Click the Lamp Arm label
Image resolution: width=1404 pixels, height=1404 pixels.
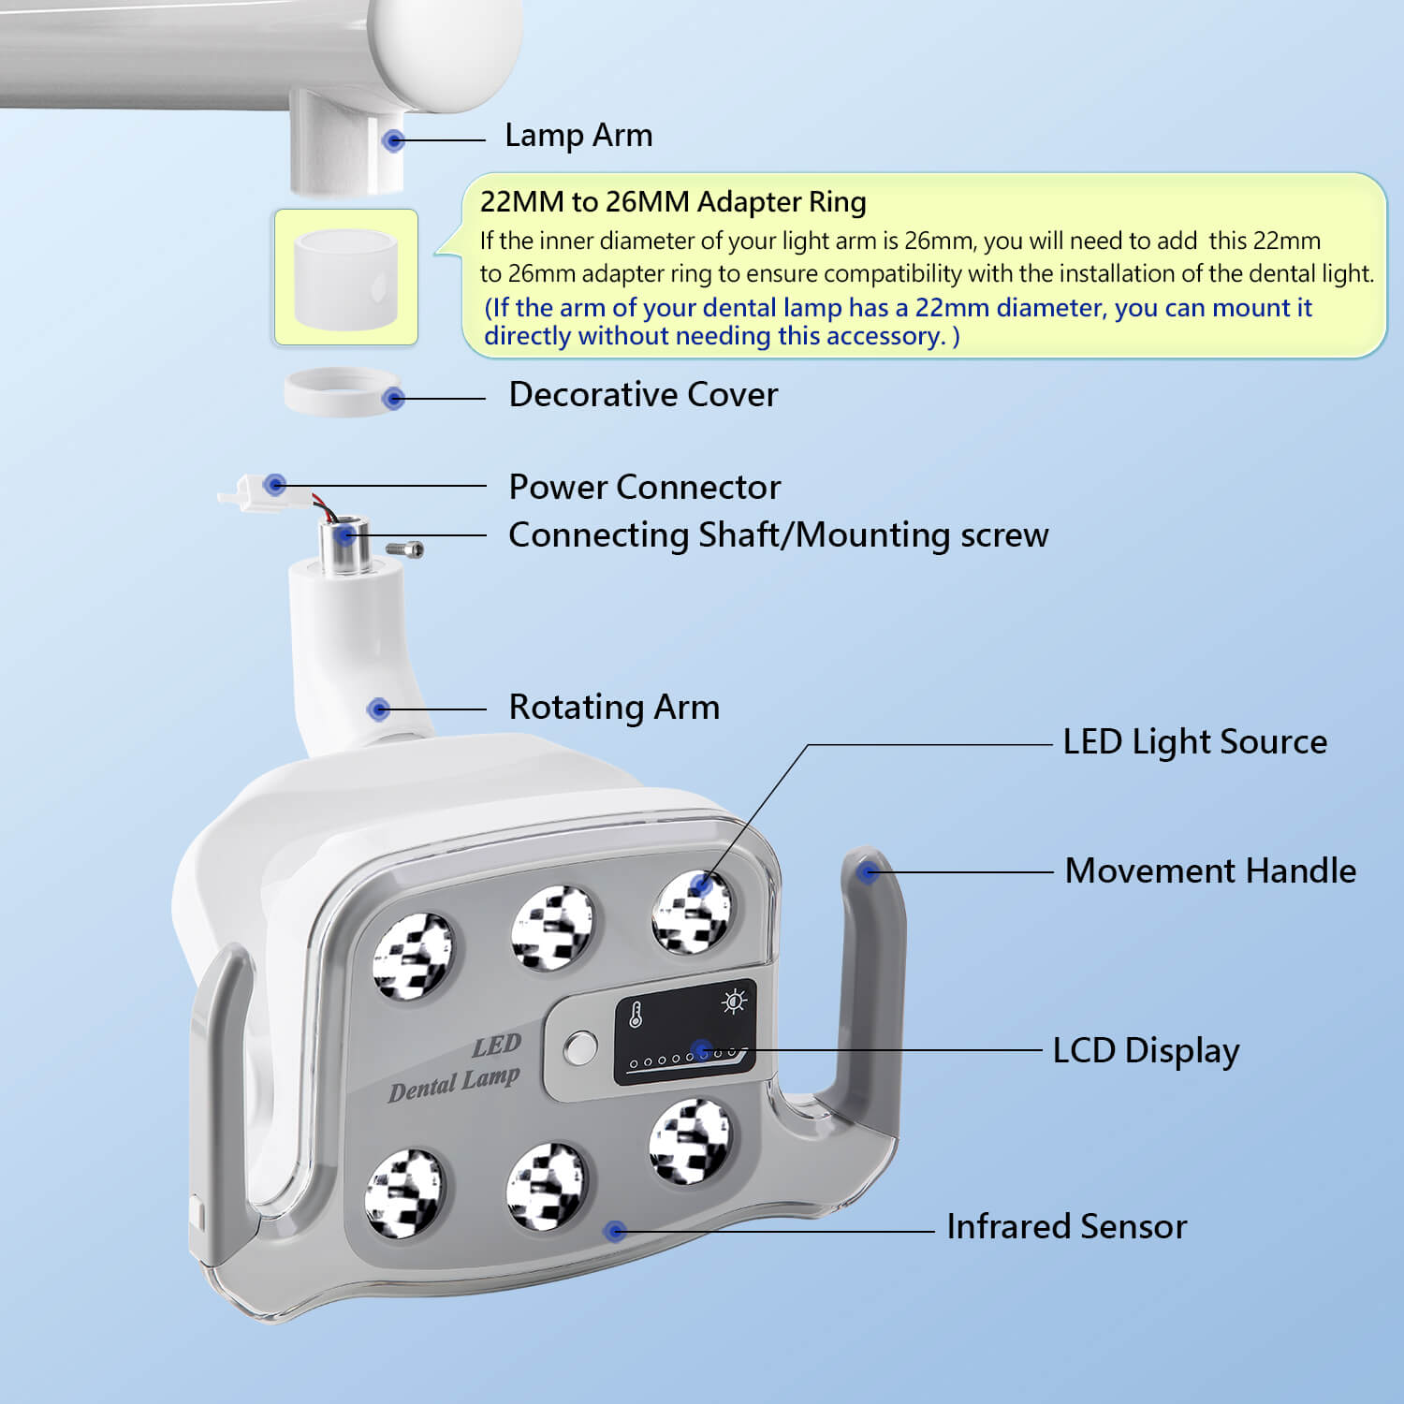click(x=578, y=136)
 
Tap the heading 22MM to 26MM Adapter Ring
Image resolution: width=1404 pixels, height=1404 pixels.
click(x=672, y=202)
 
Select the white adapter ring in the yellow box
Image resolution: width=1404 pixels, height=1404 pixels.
click(x=345, y=278)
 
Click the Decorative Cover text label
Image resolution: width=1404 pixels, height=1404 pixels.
click(x=642, y=395)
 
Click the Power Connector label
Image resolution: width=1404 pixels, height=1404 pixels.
click(x=644, y=488)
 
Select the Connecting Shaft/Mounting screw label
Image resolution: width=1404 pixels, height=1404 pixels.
click(x=778, y=535)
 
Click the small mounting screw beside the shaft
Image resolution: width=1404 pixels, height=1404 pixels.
click(x=406, y=548)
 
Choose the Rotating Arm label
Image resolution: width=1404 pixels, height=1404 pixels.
click(x=613, y=708)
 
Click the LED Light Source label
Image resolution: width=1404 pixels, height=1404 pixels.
click(x=1194, y=742)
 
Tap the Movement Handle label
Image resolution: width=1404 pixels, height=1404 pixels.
click(x=1209, y=871)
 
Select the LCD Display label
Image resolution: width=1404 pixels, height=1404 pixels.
click(x=1145, y=1050)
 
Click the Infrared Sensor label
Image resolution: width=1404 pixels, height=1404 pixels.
click(x=1066, y=1227)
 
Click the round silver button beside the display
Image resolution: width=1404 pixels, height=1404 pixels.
click(x=580, y=1047)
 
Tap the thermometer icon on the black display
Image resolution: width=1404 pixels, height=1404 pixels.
click(x=636, y=1014)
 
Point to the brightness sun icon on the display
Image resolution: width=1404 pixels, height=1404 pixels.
click(x=735, y=1002)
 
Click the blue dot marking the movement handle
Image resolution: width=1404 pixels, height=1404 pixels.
click(x=868, y=872)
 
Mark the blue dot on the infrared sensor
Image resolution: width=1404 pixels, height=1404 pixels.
click(x=615, y=1231)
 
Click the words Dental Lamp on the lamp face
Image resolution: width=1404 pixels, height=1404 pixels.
click(x=454, y=1085)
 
